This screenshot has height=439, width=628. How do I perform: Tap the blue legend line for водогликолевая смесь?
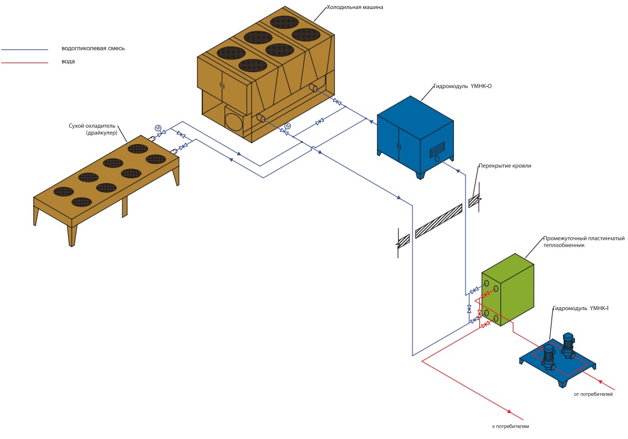[25, 49]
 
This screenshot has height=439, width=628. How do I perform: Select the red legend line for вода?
[25, 63]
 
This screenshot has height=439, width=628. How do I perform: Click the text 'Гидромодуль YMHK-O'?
[463, 86]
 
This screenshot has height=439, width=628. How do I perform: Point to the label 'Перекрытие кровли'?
[505, 166]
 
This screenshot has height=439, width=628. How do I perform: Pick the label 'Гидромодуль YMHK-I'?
[580, 308]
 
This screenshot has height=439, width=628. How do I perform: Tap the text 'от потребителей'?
[593, 394]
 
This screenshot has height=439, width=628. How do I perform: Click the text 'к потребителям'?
[510, 426]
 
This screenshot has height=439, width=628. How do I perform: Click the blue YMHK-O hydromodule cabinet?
[415, 135]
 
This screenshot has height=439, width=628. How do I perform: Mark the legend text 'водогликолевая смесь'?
[93, 48]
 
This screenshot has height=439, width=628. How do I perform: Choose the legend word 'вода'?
[68, 61]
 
